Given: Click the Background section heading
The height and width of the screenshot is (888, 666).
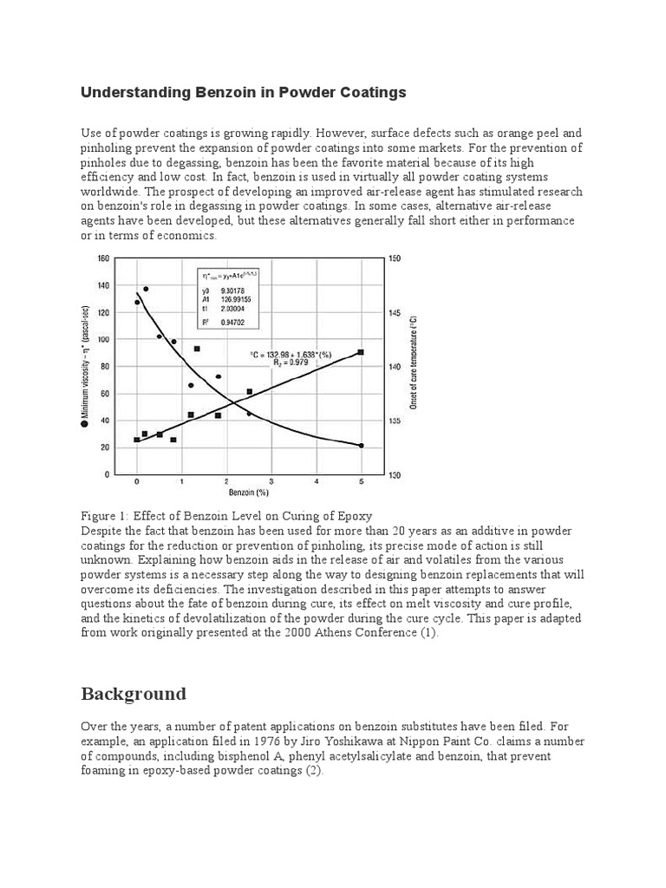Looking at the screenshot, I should [x=134, y=694].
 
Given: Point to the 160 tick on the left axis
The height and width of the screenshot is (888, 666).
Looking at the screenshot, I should [x=103, y=258].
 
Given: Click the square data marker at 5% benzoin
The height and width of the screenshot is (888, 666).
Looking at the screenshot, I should [x=361, y=352].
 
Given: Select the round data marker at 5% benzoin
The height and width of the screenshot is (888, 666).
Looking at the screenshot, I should [x=361, y=445].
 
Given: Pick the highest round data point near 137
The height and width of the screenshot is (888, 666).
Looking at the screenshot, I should [x=146, y=289].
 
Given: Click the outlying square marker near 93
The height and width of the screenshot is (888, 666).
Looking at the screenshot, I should [x=197, y=349].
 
